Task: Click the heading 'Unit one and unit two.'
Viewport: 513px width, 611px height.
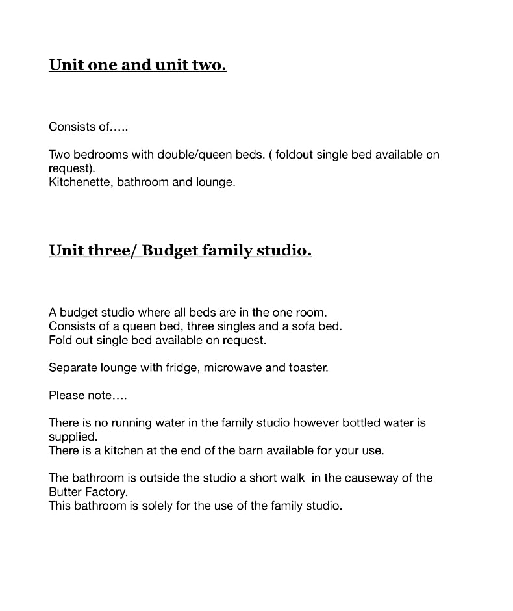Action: [x=137, y=65]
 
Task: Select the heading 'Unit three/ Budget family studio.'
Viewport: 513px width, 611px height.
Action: [x=180, y=250]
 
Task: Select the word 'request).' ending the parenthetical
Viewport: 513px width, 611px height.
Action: [x=71, y=168]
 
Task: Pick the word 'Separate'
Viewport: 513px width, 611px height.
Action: [x=71, y=367]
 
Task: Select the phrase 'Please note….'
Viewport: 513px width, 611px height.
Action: [x=88, y=395]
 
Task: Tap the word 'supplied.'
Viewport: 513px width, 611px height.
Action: [x=73, y=437]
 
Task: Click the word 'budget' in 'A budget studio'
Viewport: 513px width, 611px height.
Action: [x=77, y=312]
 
